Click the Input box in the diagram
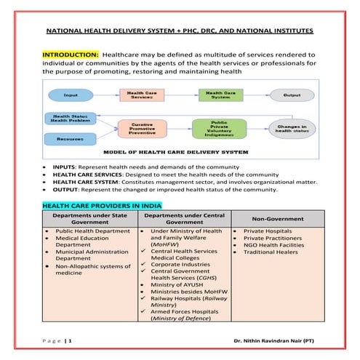[71, 95]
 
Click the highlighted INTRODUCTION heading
[71, 55]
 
